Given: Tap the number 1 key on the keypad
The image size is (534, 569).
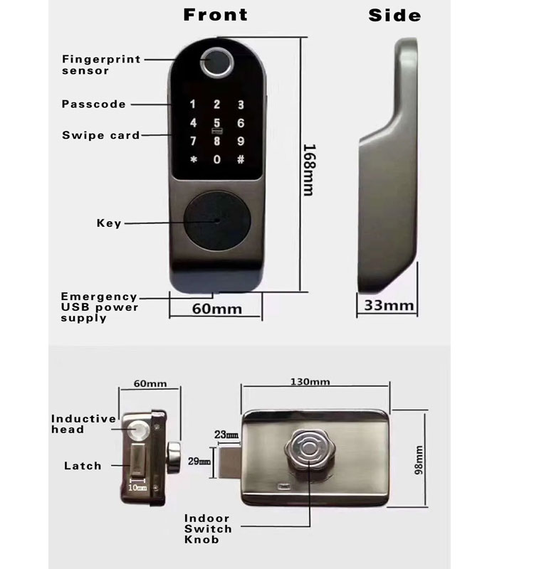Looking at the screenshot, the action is [193, 105].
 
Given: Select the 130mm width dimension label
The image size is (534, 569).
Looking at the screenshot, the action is [310, 382].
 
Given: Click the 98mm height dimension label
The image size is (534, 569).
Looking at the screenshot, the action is [419, 460].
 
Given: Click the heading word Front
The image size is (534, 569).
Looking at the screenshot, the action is [216, 15].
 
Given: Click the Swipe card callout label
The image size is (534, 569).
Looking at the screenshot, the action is [100, 135].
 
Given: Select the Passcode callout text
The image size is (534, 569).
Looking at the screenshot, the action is [93, 104].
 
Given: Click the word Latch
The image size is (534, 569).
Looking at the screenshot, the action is [83, 466].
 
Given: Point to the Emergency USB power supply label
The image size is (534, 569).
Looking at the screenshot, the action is [99, 307].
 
